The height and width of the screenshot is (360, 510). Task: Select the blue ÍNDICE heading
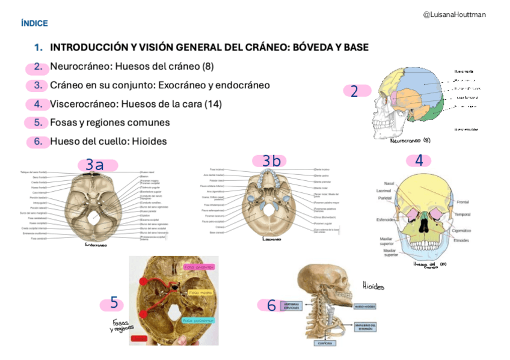[x=34, y=23]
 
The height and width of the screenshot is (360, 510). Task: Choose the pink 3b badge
[x=271, y=160]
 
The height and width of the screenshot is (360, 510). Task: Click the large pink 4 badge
[x=419, y=160]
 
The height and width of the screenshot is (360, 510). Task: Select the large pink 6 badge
[x=272, y=305]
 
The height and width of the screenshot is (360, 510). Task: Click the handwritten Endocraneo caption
[x=96, y=245]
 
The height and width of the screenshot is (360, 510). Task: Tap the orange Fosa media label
[x=199, y=293]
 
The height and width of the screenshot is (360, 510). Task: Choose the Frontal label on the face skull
[x=462, y=203]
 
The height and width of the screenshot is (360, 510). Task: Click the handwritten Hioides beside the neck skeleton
[x=373, y=287]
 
